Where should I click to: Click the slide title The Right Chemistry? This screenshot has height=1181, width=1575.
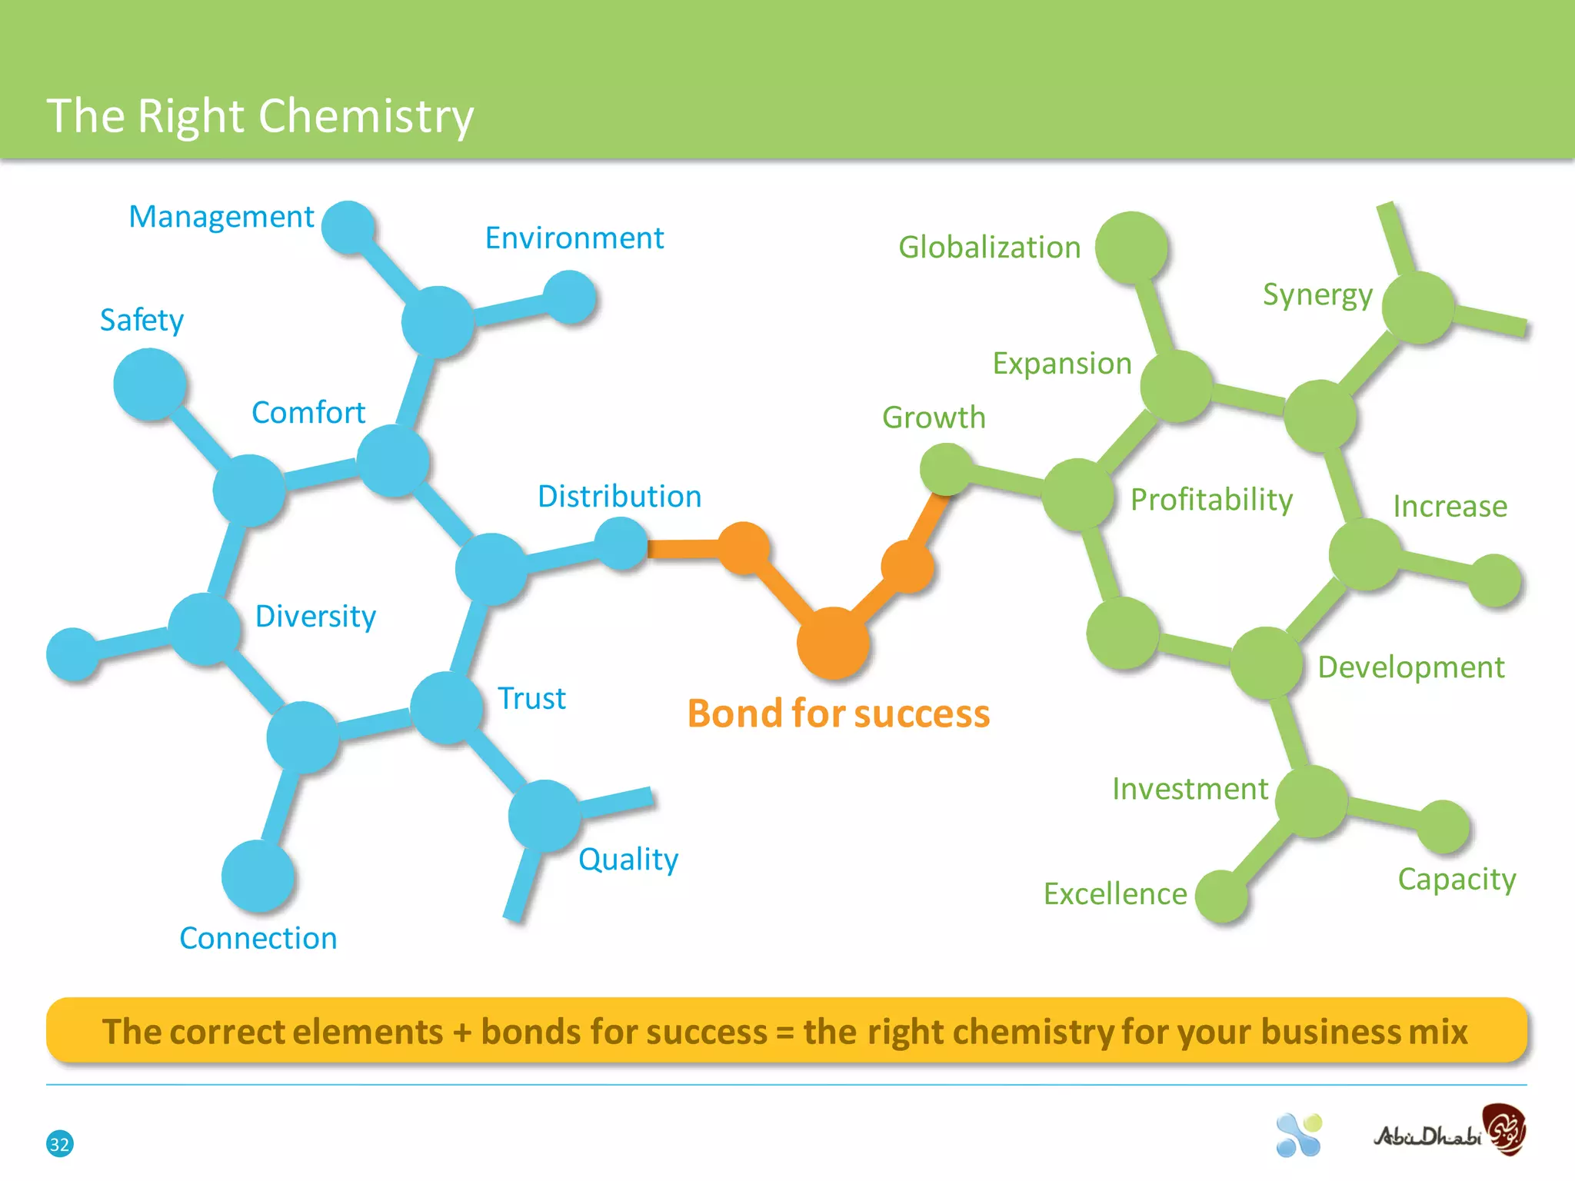click(260, 117)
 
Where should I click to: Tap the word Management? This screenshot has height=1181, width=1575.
click(221, 217)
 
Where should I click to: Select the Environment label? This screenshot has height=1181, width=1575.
click(574, 238)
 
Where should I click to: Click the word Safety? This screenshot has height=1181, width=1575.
click(142, 320)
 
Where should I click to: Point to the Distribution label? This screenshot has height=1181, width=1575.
click(619, 497)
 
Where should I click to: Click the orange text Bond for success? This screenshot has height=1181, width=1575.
click(838, 714)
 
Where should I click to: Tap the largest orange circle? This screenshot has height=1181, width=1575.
click(833, 643)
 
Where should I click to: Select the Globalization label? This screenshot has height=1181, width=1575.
click(989, 248)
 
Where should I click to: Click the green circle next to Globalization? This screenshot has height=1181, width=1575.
click(1131, 248)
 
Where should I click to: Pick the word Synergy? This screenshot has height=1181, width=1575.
click(1317, 295)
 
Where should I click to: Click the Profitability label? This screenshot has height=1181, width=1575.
click(1211, 500)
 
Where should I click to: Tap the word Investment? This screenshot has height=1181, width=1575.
click(1190, 789)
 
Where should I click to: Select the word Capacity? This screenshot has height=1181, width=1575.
click(1457, 879)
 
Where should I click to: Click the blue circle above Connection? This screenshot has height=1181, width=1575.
click(258, 876)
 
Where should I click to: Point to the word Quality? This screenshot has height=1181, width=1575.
click(628, 860)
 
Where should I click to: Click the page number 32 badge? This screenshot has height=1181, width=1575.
click(59, 1143)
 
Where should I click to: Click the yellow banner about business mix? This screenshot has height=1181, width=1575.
click(786, 1031)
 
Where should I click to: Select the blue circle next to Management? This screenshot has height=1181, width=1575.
click(348, 228)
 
